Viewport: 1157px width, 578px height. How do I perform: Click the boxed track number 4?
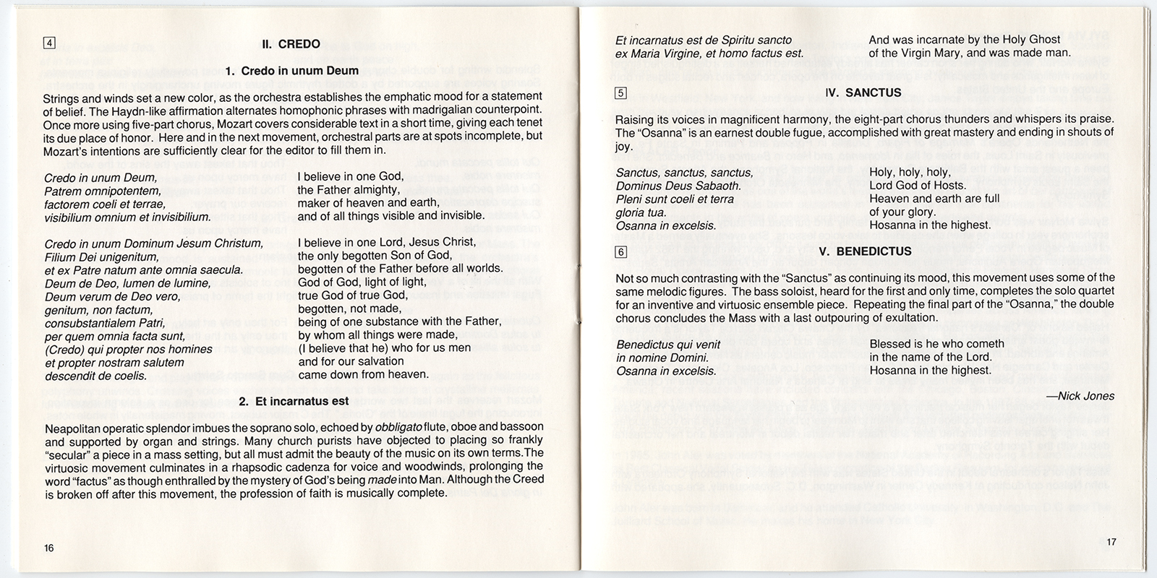click(x=49, y=42)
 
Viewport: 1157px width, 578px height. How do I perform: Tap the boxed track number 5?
click(x=620, y=92)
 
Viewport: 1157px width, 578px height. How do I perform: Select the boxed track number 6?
click(x=620, y=252)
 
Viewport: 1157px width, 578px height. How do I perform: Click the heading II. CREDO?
click(x=290, y=44)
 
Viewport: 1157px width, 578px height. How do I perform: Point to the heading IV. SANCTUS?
click(x=863, y=93)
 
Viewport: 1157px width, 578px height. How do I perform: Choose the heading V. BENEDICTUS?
click(x=865, y=251)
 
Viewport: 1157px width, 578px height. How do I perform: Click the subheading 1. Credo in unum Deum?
click(x=291, y=71)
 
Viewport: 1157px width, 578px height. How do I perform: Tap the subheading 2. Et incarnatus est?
click(x=291, y=401)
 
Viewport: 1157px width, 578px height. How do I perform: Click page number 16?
click(x=48, y=548)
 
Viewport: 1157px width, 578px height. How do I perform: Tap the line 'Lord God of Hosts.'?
click(x=918, y=186)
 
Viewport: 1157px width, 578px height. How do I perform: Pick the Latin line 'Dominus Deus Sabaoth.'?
click(x=678, y=186)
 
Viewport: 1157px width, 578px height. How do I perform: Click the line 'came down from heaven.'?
click(x=363, y=374)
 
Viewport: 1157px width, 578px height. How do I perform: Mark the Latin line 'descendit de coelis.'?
click(x=95, y=375)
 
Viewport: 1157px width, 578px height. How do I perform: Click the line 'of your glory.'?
click(x=902, y=212)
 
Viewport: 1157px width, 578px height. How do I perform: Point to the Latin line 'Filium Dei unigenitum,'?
click(x=101, y=256)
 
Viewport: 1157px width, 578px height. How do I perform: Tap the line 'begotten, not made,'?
click(x=349, y=309)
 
